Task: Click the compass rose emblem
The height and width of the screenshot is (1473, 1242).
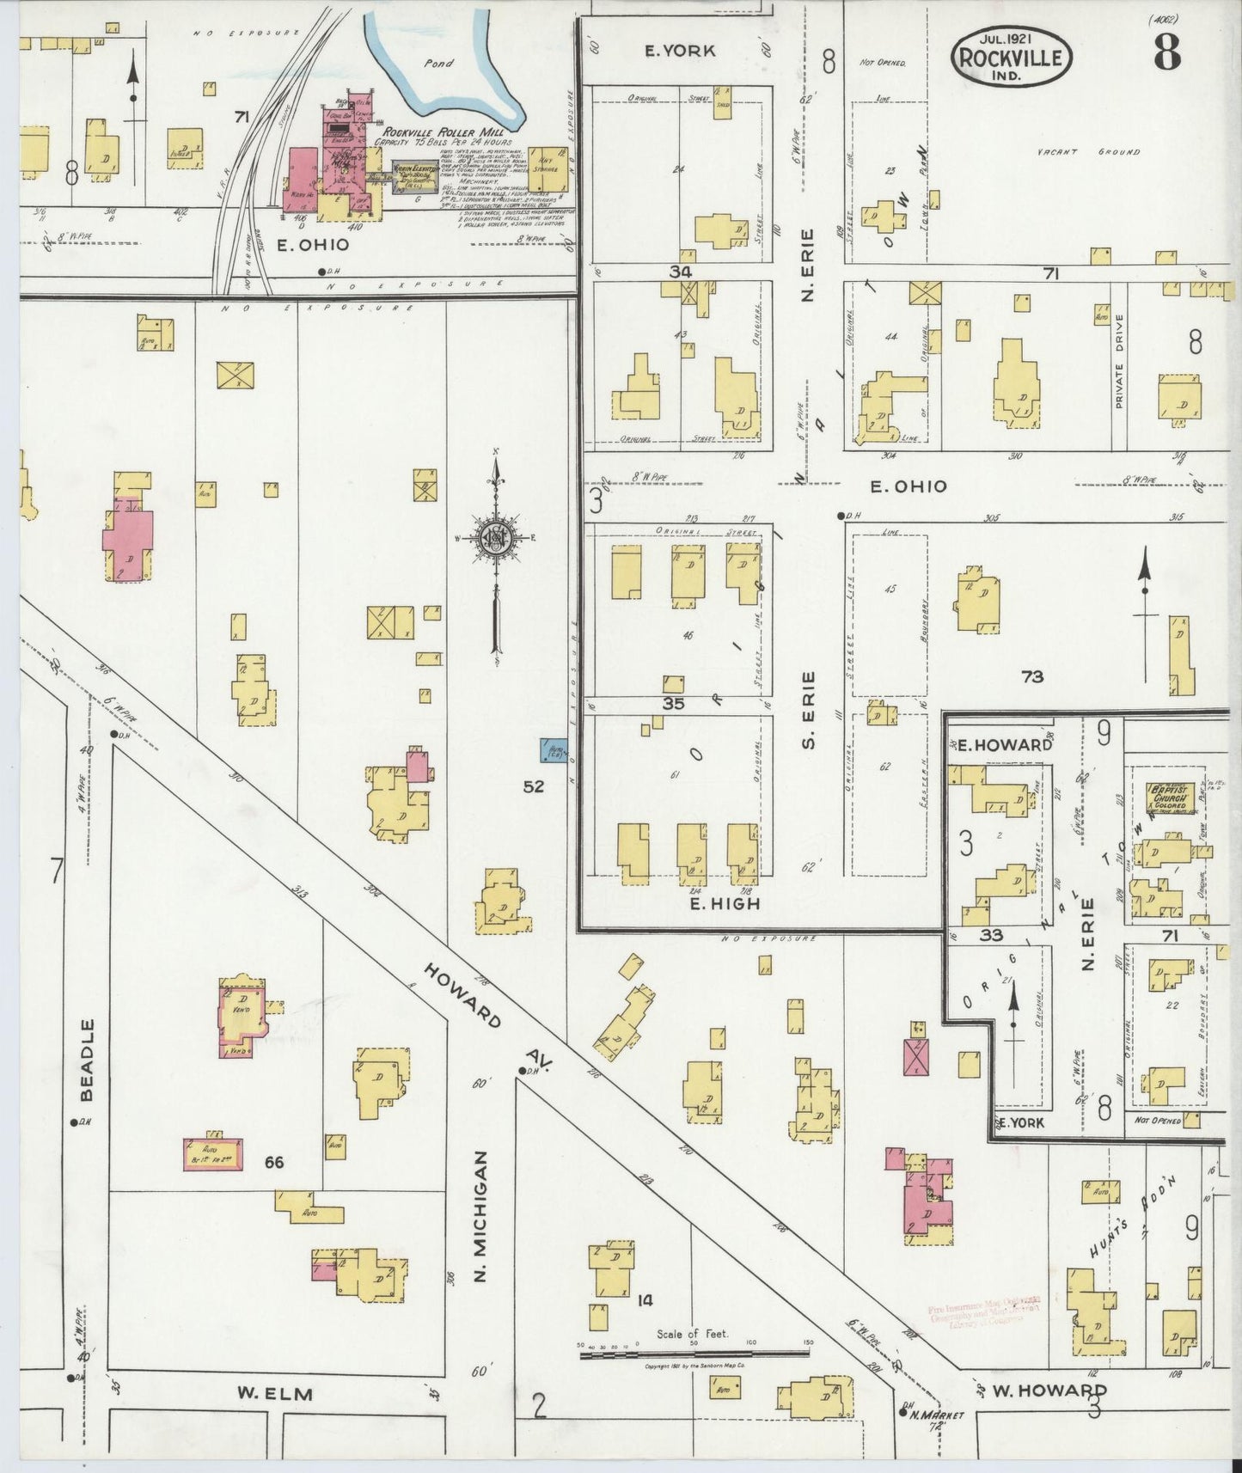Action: (496, 539)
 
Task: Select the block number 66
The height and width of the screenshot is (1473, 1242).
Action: (274, 1162)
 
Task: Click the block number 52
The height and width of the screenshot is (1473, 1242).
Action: (534, 785)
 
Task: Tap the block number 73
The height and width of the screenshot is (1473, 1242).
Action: (1031, 676)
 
